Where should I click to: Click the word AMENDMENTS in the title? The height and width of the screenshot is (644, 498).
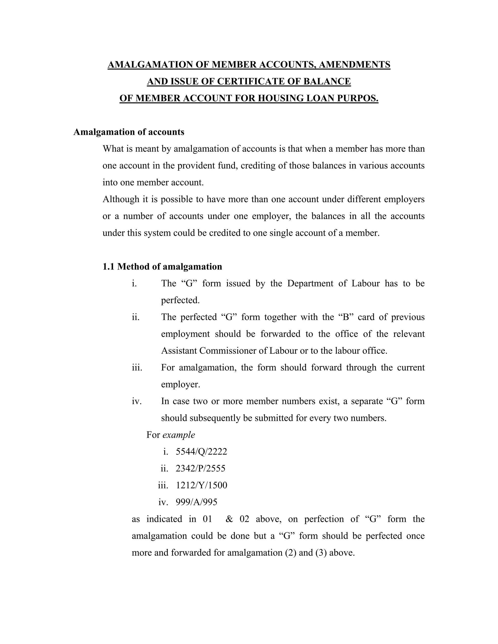tap(354, 65)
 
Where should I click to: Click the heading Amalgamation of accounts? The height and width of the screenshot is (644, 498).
tap(129, 132)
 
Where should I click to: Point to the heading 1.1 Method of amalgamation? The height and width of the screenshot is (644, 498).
tap(162, 267)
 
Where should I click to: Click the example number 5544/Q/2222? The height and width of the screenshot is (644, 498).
tap(201, 452)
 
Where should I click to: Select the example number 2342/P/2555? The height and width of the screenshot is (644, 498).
tap(200, 469)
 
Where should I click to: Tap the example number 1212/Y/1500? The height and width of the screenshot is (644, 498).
tap(201, 485)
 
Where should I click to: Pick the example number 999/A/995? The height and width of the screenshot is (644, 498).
tap(196, 502)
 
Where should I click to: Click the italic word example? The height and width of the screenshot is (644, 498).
tap(178, 435)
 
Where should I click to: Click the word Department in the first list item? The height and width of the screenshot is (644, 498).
tap(310, 283)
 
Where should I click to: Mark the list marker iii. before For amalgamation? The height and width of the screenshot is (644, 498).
tap(137, 368)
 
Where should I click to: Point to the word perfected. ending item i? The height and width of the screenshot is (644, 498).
tap(180, 300)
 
